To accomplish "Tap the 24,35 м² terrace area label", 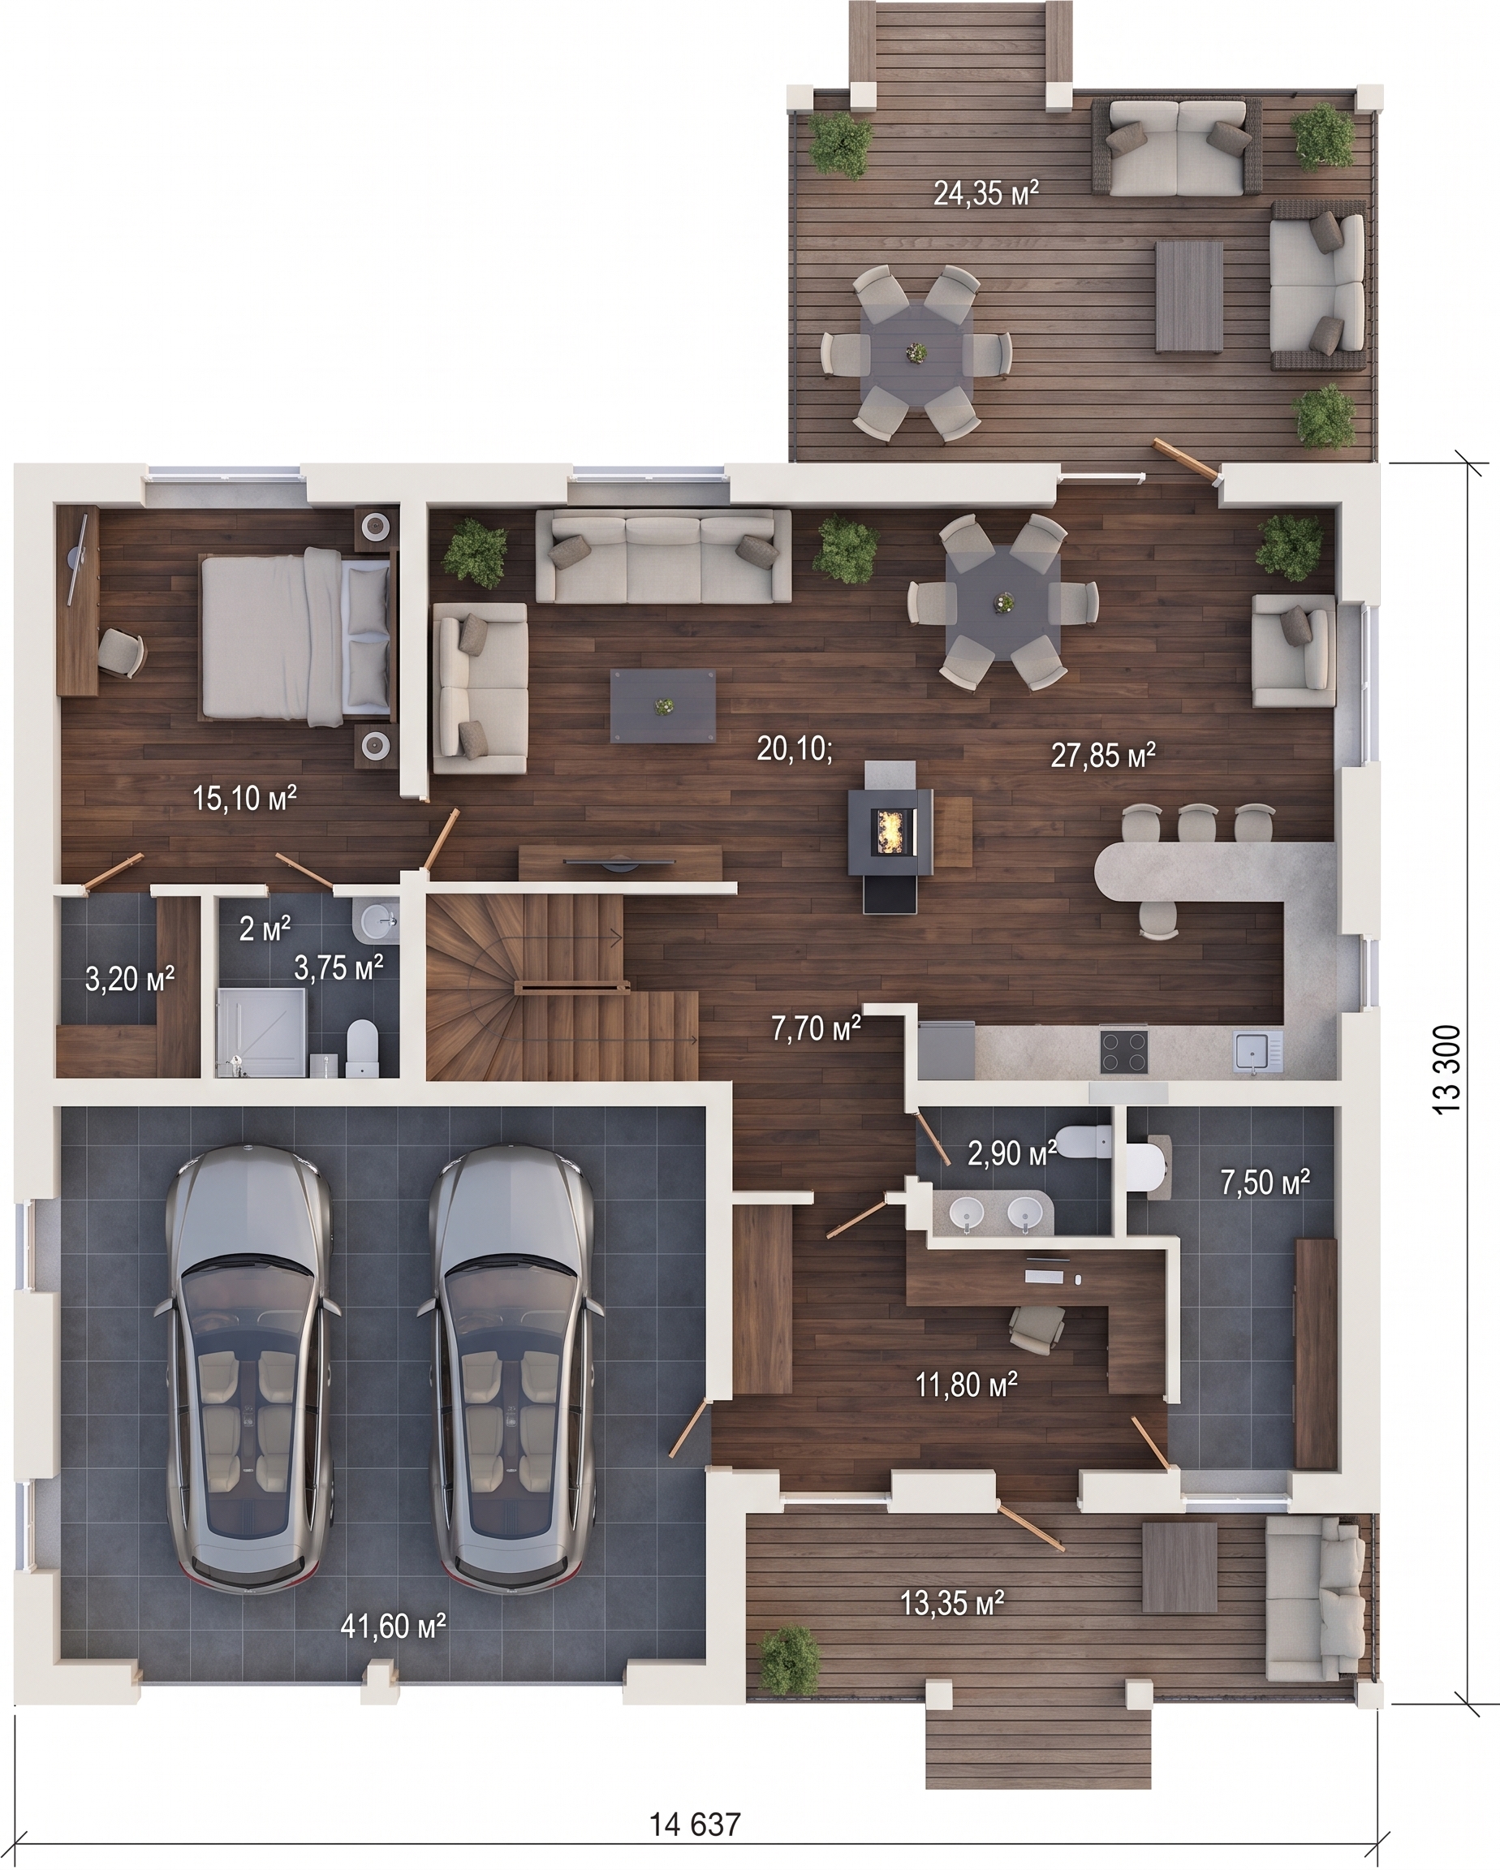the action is [x=986, y=192].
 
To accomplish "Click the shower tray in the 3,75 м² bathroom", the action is [x=262, y=1032].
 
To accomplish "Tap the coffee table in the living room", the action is [x=664, y=706].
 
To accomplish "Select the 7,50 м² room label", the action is [x=1265, y=1181].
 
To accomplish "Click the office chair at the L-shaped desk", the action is [x=1037, y=1327].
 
